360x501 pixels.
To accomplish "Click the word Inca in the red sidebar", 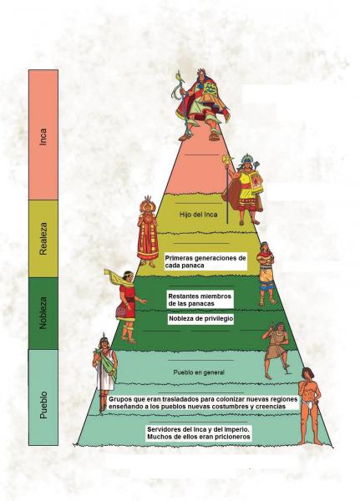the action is click(x=43, y=137).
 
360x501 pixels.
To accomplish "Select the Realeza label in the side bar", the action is click(x=43, y=239).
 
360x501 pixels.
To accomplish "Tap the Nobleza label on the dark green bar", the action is click(x=43, y=313).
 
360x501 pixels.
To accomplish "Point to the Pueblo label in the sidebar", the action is click(x=43, y=404).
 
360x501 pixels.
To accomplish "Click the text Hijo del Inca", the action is click(x=199, y=215).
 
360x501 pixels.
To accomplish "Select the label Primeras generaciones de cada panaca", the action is click(x=205, y=261).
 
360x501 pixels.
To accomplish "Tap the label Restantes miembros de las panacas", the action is click(x=200, y=300).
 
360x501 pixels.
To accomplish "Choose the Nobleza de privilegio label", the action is click(x=200, y=319).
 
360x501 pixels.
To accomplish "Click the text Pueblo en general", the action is click(x=199, y=372).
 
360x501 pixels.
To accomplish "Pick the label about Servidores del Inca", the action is click(x=199, y=433).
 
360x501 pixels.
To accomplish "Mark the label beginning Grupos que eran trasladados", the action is click(x=203, y=403).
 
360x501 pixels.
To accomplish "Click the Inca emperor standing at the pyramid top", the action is click(x=200, y=105).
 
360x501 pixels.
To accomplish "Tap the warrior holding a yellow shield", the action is click(x=244, y=190).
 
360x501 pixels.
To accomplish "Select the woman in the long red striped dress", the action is click(x=148, y=231).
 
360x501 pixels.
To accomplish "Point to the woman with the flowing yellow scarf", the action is click(x=125, y=306).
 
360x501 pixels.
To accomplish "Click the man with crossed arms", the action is click(x=266, y=274).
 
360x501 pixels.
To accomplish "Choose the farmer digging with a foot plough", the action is click(x=276, y=350).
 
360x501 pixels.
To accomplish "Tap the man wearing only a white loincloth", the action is click(x=310, y=406).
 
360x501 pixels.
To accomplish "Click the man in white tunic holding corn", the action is click(x=104, y=373).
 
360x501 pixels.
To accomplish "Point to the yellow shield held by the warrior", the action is click(x=256, y=182).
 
